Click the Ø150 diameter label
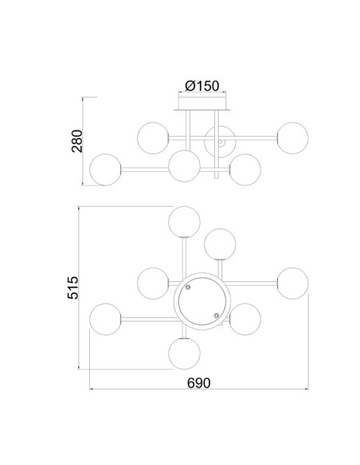point(202,86)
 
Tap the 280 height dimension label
point(77,141)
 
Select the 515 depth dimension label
point(73,287)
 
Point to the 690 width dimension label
point(198,383)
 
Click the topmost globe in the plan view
point(184,222)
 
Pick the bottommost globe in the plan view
point(184,354)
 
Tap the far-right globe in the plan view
point(292,283)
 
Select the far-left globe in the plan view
point(105,319)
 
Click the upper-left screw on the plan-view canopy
point(188,287)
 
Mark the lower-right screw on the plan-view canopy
point(217,315)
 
